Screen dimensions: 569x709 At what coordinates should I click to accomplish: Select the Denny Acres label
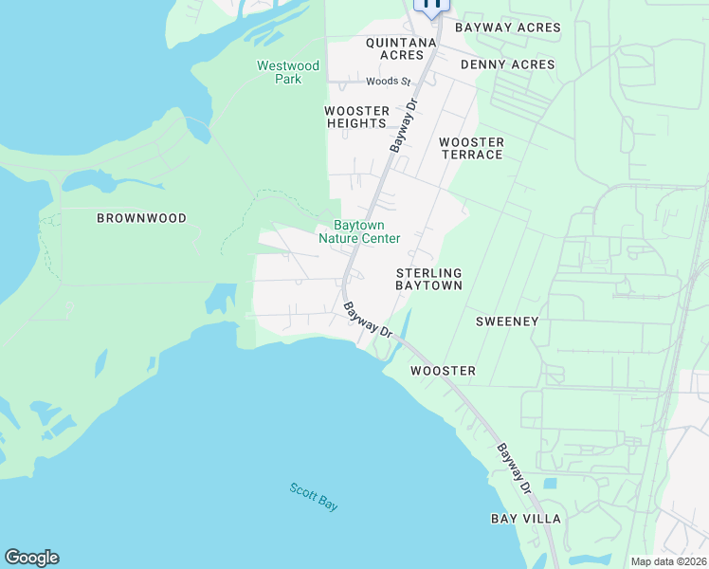(x=507, y=64)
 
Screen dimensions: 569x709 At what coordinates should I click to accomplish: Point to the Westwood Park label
(x=288, y=72)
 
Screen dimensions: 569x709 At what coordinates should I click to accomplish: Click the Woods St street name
(x=387, y=82)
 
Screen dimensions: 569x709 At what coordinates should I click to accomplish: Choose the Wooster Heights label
(x=357, y=118)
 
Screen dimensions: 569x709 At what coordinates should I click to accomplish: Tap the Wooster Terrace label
(x=471, y=148)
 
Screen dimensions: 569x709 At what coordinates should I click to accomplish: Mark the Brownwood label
(x=141, y=218)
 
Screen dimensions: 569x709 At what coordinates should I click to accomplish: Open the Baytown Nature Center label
(x=359, y=232)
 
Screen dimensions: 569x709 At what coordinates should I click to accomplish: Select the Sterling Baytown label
(x=428, y=279)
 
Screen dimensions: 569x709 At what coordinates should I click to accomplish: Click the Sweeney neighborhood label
(x=506, y=321)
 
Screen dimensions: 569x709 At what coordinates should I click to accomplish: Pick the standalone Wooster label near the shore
(x=443, y=371)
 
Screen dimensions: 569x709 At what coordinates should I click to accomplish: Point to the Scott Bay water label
(x=314, y=497)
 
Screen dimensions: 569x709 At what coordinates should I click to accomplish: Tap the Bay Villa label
(x=525, y=519)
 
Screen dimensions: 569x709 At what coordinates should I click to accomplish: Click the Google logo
(x=31, y=558)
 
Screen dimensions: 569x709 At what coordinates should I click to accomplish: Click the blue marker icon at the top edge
(x=432, y=6)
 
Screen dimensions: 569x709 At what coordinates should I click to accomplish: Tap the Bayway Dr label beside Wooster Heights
(x=404, y=127)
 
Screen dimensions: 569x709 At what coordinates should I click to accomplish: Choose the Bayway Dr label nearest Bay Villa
(x=513, y=468)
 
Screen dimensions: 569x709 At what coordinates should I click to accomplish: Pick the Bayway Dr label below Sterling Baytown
(x=369, y=320)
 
